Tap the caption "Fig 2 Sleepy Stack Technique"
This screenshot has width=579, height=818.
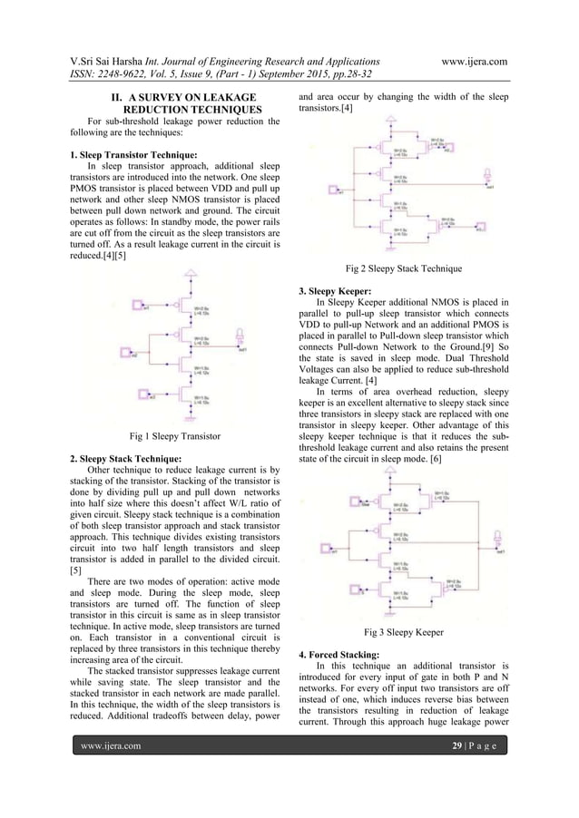tap(405, 268)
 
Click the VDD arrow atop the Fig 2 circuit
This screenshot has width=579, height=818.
tap(391, 118)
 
